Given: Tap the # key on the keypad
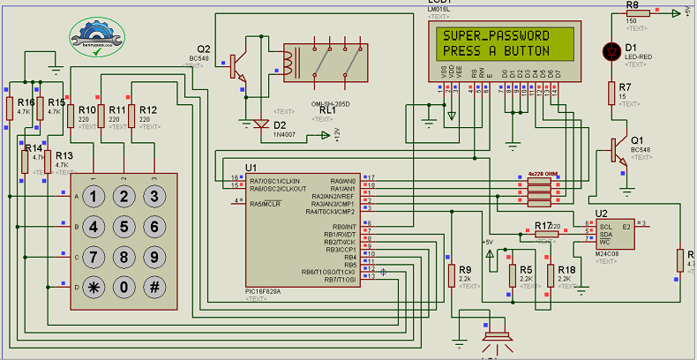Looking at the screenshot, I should pyautogui.click(x=154, y=287).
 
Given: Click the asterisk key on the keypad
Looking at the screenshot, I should pyautogui.click(x=94, y=287).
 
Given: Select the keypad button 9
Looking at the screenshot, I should pyautogui.click(x=154, y=257).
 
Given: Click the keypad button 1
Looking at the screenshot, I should pyautogui.click(x=94, y=197).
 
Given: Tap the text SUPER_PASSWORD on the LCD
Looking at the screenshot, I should pyautogui.click(x=495, y=35).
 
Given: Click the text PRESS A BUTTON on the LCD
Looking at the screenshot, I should pyautogui.click(x=495, y=51).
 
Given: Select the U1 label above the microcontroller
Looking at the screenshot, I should pyautogui.click(x=251, y=167).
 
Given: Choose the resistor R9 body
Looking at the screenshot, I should pyautogui.click(x=452, y=275).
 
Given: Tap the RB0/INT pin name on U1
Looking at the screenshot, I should pyautogui.click(x=340, y=227).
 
